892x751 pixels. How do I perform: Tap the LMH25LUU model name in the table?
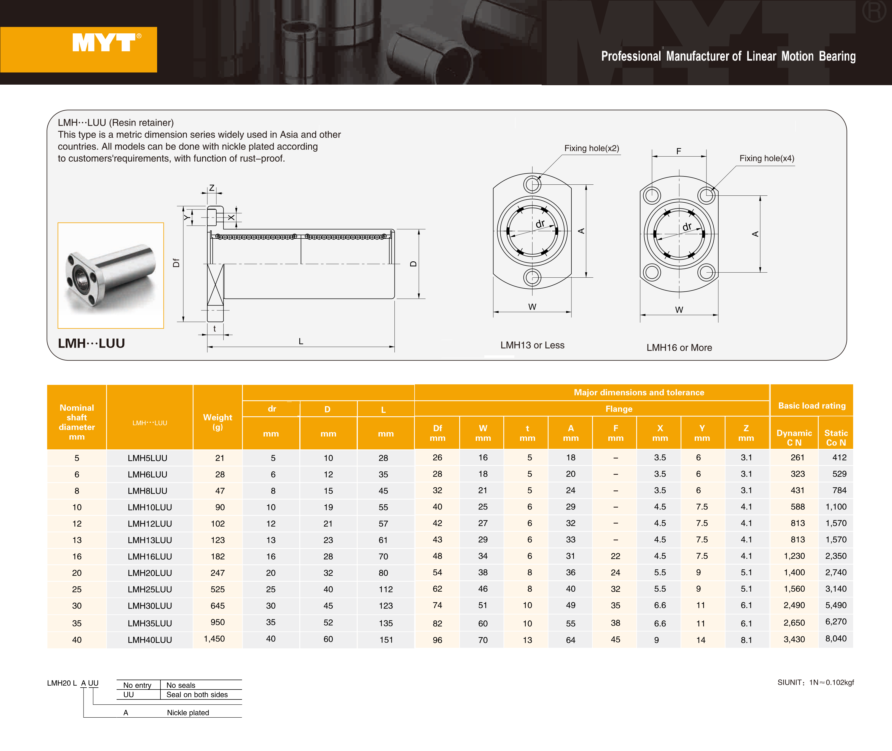pyautogui.click(x=149, y=589)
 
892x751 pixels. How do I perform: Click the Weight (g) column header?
pyautogui.click(x=217, y=422)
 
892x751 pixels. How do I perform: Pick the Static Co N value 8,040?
pyautogui.click(x=835, y=638)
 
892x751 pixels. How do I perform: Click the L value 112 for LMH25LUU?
pyautogui.click(x=386, y=589)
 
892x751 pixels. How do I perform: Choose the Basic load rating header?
pyautogui.click(x=812, y=406)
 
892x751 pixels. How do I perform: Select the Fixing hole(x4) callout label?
pyautogui.click(x=767, y=158)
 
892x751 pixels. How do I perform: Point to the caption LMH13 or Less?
pyautogui.click(x=532, y=345)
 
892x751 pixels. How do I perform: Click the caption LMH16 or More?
pyautogui.click(x=679, y=348)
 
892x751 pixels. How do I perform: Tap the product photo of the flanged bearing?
pyautogui.click(x=111, y=275)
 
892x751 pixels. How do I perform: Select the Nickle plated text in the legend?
pyautogui.click(x=188, y=713)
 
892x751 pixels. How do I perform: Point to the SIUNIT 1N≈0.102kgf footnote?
pyautogui.click(x=815, y=682)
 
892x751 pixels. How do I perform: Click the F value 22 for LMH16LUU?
pyautogui.click(x=615, y=556)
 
